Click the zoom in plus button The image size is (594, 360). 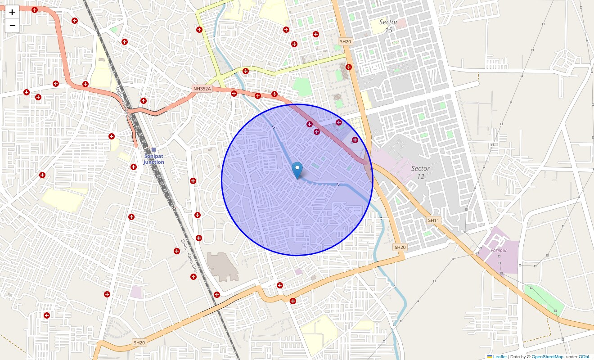click(x=12, y=12)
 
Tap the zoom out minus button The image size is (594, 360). click(x=12, y=26)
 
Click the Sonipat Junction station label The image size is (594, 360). click(x=154, y=159)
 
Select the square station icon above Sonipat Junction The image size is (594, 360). click(x=153, y=150)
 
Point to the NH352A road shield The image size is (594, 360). click(x=202, y=89)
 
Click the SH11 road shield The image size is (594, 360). click(x=433, y=220)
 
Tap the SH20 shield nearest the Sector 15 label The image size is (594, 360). click(x=345, y=41)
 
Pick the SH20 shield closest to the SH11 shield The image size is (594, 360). click(x=400, y=247)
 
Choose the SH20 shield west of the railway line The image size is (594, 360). click(x=139, y=342)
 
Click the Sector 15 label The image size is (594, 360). click(x=388, y=26)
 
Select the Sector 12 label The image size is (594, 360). click(x=421, y=172)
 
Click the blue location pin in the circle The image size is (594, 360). click(x=297, y=170)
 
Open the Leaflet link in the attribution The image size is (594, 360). click(x=500, y=356)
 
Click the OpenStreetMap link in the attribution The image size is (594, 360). click(x=547, y=356)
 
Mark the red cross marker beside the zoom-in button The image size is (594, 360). click(x=35, y=10)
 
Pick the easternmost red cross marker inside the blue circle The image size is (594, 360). click(x=355, y=140)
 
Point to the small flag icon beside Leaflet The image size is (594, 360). click(x=490, y=356)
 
